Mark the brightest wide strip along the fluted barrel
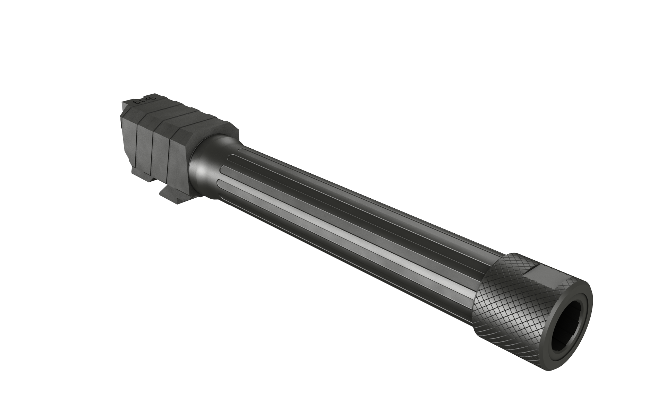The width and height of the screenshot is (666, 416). click(x=347, y=239)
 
